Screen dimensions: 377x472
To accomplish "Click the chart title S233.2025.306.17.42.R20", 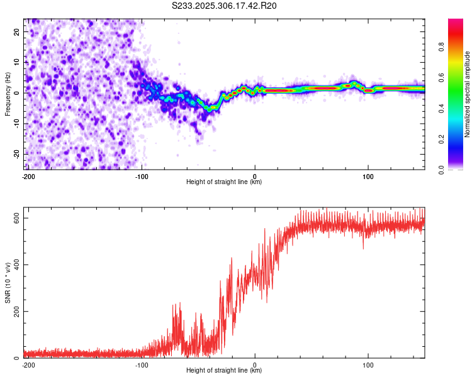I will coord(225,6).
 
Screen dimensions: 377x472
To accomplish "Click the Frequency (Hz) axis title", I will coord(8,94).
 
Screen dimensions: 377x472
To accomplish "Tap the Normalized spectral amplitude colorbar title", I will coord(468,94).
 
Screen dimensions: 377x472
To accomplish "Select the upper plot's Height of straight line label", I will coord(224,182).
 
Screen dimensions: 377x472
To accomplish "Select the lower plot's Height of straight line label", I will coord(224,370).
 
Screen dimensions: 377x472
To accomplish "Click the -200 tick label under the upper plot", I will coord(28,176).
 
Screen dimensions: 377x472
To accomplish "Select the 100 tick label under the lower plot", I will coord(368,364).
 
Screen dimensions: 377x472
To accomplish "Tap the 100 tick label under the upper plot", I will coord(368,176).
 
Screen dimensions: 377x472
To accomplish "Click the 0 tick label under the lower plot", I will coord(255,364).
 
